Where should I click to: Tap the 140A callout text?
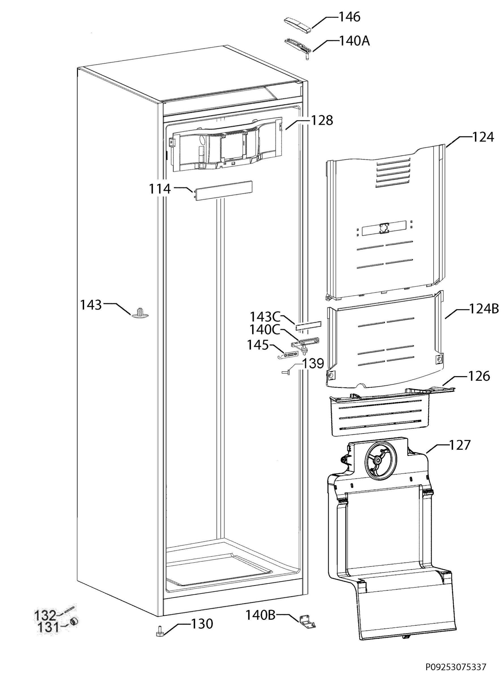[x=354, y=41]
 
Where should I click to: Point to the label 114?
[x=160, y=189]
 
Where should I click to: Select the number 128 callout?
[x=322, y=120]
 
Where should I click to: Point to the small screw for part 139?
[x=286, y=372]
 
